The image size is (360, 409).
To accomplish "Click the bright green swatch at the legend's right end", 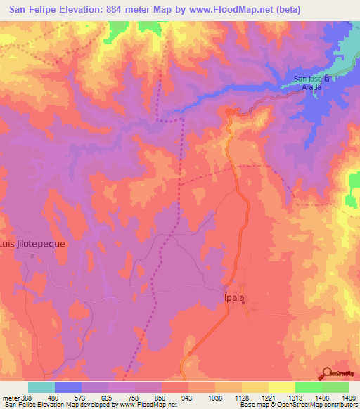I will pos(335,387).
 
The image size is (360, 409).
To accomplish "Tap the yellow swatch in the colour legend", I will pos(255,387).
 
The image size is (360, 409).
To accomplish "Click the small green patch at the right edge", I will pos(354,181).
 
